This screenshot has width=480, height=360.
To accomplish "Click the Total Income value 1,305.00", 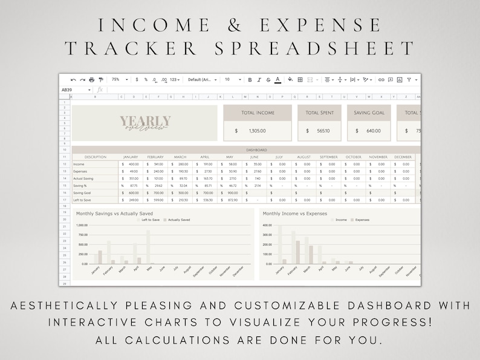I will click(257, 130).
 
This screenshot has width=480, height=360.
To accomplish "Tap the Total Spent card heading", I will click(320, 113).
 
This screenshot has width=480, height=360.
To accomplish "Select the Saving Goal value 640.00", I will click(373, 130).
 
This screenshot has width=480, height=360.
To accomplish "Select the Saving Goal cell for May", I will click(232, 192).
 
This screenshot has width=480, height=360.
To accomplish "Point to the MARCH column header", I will click(180, 157).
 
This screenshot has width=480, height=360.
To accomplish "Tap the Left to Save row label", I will click(83, 200).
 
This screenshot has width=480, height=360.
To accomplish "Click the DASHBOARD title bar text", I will click(256, 149).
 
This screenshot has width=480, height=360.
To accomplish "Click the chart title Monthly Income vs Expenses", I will click(294, 214).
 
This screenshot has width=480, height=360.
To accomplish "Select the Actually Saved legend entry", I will click(178, 220).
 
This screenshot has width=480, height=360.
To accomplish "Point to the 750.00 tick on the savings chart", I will click(82, 234).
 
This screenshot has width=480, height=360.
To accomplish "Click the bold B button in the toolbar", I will click(250, 79).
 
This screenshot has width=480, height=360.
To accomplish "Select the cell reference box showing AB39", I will click(67, 90).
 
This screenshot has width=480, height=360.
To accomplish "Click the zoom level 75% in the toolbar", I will click(115, 79).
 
